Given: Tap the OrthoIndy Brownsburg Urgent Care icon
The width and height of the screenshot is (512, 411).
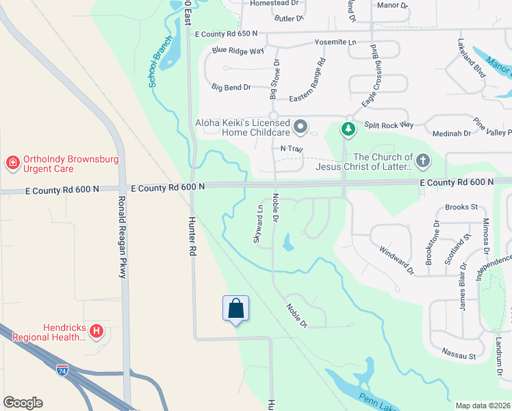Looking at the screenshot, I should pos(12,162).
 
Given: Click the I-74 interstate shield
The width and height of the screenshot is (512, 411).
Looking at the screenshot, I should pos(62,369).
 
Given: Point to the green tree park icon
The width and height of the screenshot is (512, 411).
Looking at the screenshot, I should pos(348,128).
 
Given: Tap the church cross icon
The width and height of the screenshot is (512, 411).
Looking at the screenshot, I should pos(423,162).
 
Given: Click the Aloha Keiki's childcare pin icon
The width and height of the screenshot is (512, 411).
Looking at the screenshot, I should pos(300,126).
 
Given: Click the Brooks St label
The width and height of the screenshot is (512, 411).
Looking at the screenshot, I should pos(461,207).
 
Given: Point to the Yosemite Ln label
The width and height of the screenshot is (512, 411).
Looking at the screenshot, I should pos(335,42).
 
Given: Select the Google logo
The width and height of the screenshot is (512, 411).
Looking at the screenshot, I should pos(23,403).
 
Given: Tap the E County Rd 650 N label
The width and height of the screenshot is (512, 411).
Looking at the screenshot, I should pos(226,34).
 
